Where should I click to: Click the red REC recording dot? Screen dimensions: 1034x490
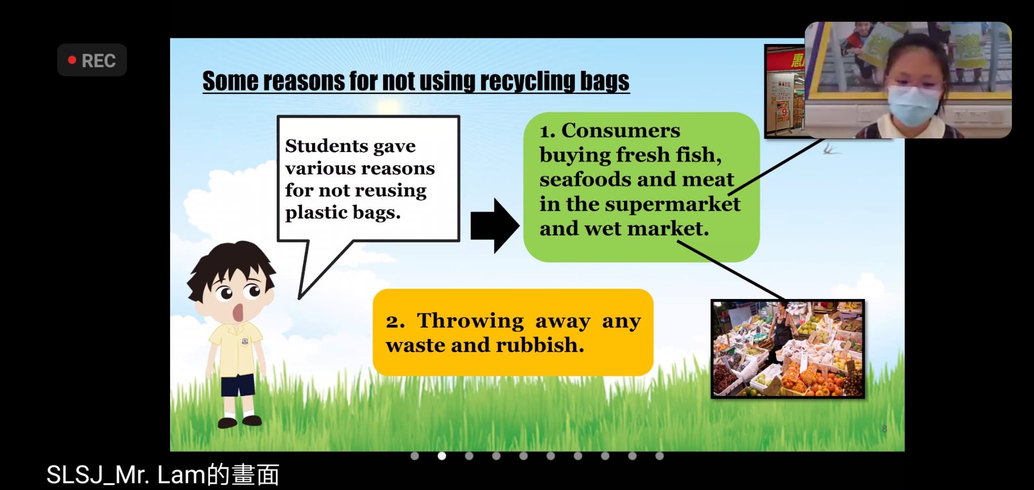coord(72,60)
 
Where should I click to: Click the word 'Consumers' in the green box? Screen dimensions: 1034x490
coord(621,130)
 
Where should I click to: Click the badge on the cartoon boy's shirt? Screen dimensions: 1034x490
coord(244,340)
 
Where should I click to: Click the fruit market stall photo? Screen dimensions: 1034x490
coord(788,349)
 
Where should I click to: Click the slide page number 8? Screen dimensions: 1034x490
coord(884,429)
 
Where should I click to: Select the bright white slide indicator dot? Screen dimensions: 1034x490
coord(442,456)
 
